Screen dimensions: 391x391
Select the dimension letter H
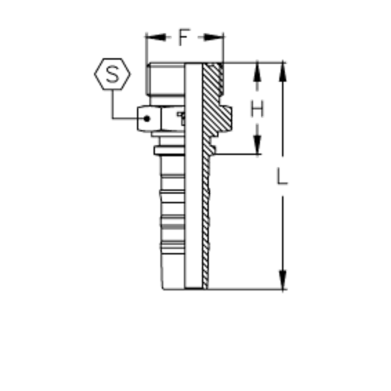(257, 109)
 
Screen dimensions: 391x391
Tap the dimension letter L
(282, 177)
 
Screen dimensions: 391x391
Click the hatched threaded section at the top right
(213, 78)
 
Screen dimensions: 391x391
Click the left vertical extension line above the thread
(146, 49)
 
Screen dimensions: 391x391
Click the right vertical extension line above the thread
(223, 49)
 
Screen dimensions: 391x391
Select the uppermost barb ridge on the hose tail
(172, 175)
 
